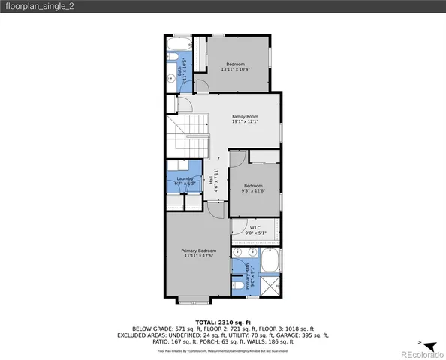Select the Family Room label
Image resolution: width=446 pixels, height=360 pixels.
point(245,119)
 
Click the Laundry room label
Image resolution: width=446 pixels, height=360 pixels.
point(185,180)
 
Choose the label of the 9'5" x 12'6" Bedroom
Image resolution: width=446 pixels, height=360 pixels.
point(252,187)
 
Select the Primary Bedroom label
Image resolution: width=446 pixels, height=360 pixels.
point(199,253)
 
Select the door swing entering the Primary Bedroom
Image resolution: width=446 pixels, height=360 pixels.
point(215,210)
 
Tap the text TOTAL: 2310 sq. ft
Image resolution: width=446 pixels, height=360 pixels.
point(222,321)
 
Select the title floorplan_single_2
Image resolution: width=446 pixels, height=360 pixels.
point(39,6)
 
